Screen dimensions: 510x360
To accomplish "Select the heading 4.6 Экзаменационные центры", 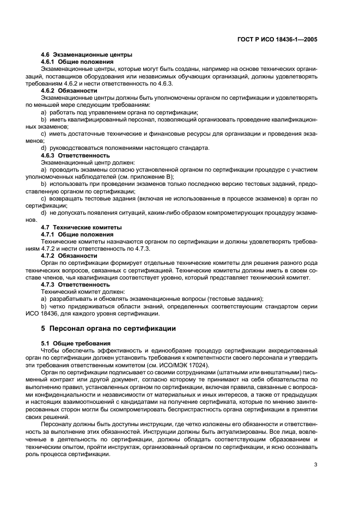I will point(87,55).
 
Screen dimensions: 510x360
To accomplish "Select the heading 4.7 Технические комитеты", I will point(82,227).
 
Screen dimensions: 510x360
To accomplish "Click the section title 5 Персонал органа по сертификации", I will point(117,329).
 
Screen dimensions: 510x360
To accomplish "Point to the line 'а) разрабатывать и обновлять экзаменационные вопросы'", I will point(152,299).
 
